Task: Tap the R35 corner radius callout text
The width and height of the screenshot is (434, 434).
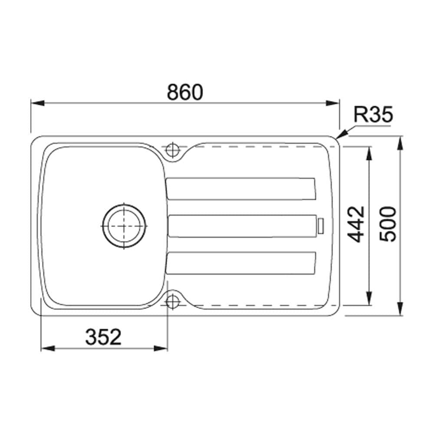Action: (x=373, y=114)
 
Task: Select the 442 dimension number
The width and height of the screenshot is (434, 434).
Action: (x=356, y=224)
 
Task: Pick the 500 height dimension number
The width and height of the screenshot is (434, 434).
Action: (x=388, y=224)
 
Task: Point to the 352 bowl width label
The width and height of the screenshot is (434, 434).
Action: (x=103, y=337)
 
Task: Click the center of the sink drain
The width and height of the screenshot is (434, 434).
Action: (x=124, y=226)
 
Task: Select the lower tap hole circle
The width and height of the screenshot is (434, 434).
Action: (x=172, y=302)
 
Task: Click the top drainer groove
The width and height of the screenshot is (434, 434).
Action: (x=240, y=188)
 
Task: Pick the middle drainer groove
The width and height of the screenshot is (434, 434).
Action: (x=242, y=226)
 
